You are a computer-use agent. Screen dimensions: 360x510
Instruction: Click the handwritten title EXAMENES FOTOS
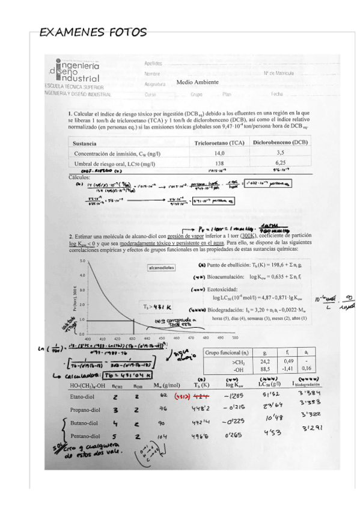coord(93,32)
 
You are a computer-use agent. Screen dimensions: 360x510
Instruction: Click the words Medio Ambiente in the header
coord(198,82)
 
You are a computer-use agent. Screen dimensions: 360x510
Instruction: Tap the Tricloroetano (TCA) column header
coord(220,143)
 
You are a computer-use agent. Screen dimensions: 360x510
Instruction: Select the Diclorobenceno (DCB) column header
coord(280,143)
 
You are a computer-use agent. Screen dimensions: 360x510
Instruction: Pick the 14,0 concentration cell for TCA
coord(219,154)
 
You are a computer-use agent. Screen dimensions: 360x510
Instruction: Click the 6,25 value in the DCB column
coord(280,163)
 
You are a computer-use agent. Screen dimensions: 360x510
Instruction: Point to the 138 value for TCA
coord(219,163)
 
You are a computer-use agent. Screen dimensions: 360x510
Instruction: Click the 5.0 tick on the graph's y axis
coord(82,262)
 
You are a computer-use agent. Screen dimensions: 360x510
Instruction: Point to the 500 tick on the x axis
coord(235,338)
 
